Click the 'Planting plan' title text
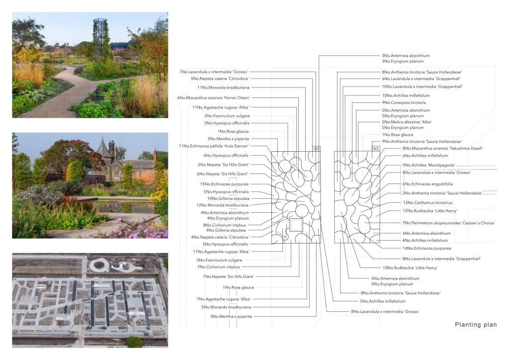coord(476,325)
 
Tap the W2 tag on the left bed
coord(316,149)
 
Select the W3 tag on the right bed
coord(376,149)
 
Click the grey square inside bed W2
coord(296,225)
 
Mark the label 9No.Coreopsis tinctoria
coord(404,102)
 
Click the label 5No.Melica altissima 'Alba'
coord(407,121)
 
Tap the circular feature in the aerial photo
coord(99,265)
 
